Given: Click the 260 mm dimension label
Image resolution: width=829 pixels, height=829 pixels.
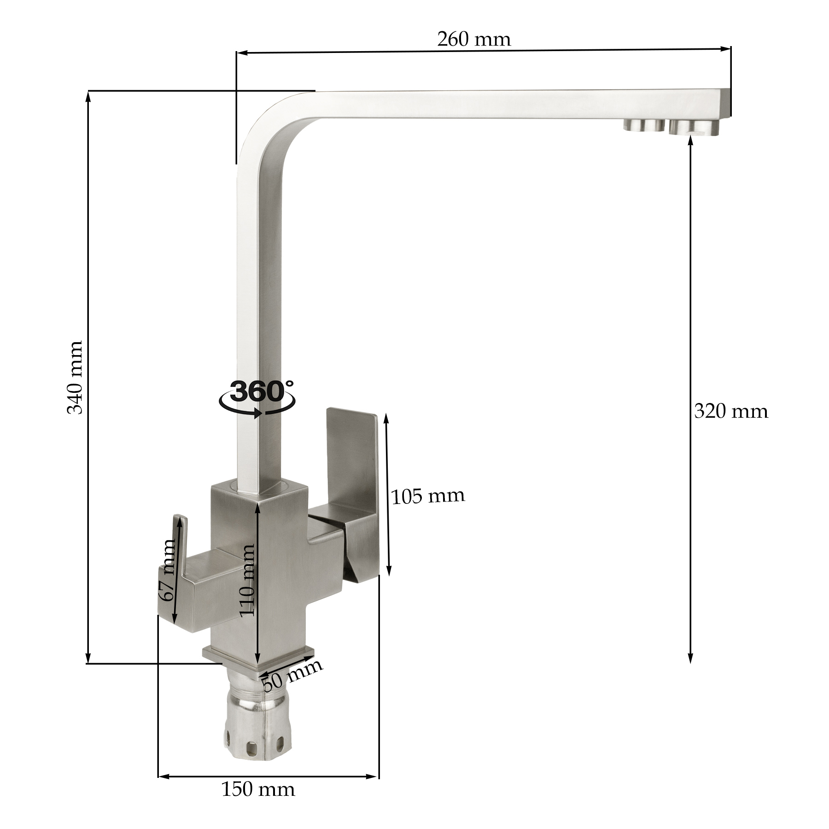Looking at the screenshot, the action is click(x=474, y=40).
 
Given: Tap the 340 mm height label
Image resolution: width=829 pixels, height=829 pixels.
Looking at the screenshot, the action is click(x=75, y=377).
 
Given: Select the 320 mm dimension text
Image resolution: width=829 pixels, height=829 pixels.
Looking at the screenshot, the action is click(x=731, y=411).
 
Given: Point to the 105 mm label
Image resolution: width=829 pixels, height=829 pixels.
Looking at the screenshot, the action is click(x=428, y=496).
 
